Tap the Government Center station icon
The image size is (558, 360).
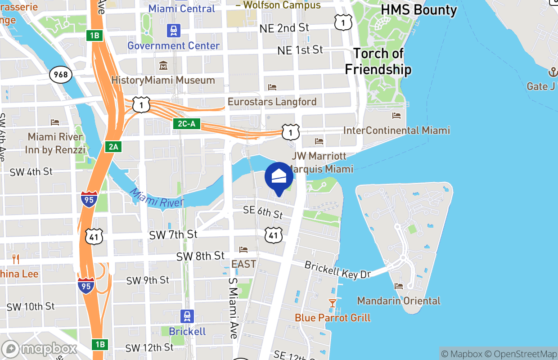pyautogui.click(x=174, y=31)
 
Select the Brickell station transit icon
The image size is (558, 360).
pyautogui.click(x=187, y=316)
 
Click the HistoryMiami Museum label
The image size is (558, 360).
pyautogui.click(x=163, y=81)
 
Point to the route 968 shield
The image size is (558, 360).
pyautogui.click(x=61, y=74)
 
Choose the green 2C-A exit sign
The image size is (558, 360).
pyautogui.click(x=187, y=124)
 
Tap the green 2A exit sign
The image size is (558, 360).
pyautogui.click(x=113, y=146)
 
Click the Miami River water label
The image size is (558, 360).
pyautogui.click(x=157, y=198)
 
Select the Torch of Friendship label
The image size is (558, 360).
pyautogui.click(x=378, y=61)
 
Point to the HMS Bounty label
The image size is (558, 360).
pyautogui.click(x=418, y=10)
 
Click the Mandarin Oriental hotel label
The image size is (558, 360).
pyautogui.click(x=399, y=301)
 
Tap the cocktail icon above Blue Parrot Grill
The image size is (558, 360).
pyautogui.click(x=333, y=303)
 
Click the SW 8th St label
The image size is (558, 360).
pyautogui.click(x=200, y=256)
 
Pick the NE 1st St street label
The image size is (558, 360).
pyautogui.click(x=300, y=50)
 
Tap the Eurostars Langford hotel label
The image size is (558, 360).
pyautogui.click(x=272, y=102)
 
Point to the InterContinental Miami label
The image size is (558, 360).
pyautogui.click(x=396, y=130)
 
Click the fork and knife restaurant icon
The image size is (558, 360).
pyautogui.click(x=16, y=259)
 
